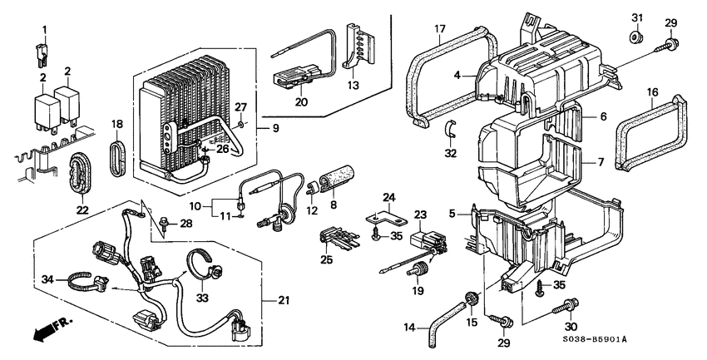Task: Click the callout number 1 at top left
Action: [46, 30]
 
